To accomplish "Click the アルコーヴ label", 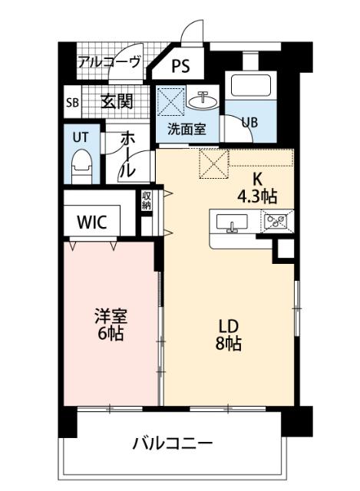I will tap(109, 62).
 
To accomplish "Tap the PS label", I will tap(181, 66).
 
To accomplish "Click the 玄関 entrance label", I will tap(117, 101).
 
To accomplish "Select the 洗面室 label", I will tap(187, 129).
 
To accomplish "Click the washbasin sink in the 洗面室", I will tap(205, 100).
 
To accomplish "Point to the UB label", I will tap(250, 121).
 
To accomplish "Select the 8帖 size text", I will tap(229, 344).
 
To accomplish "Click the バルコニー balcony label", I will tap(171, 443).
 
